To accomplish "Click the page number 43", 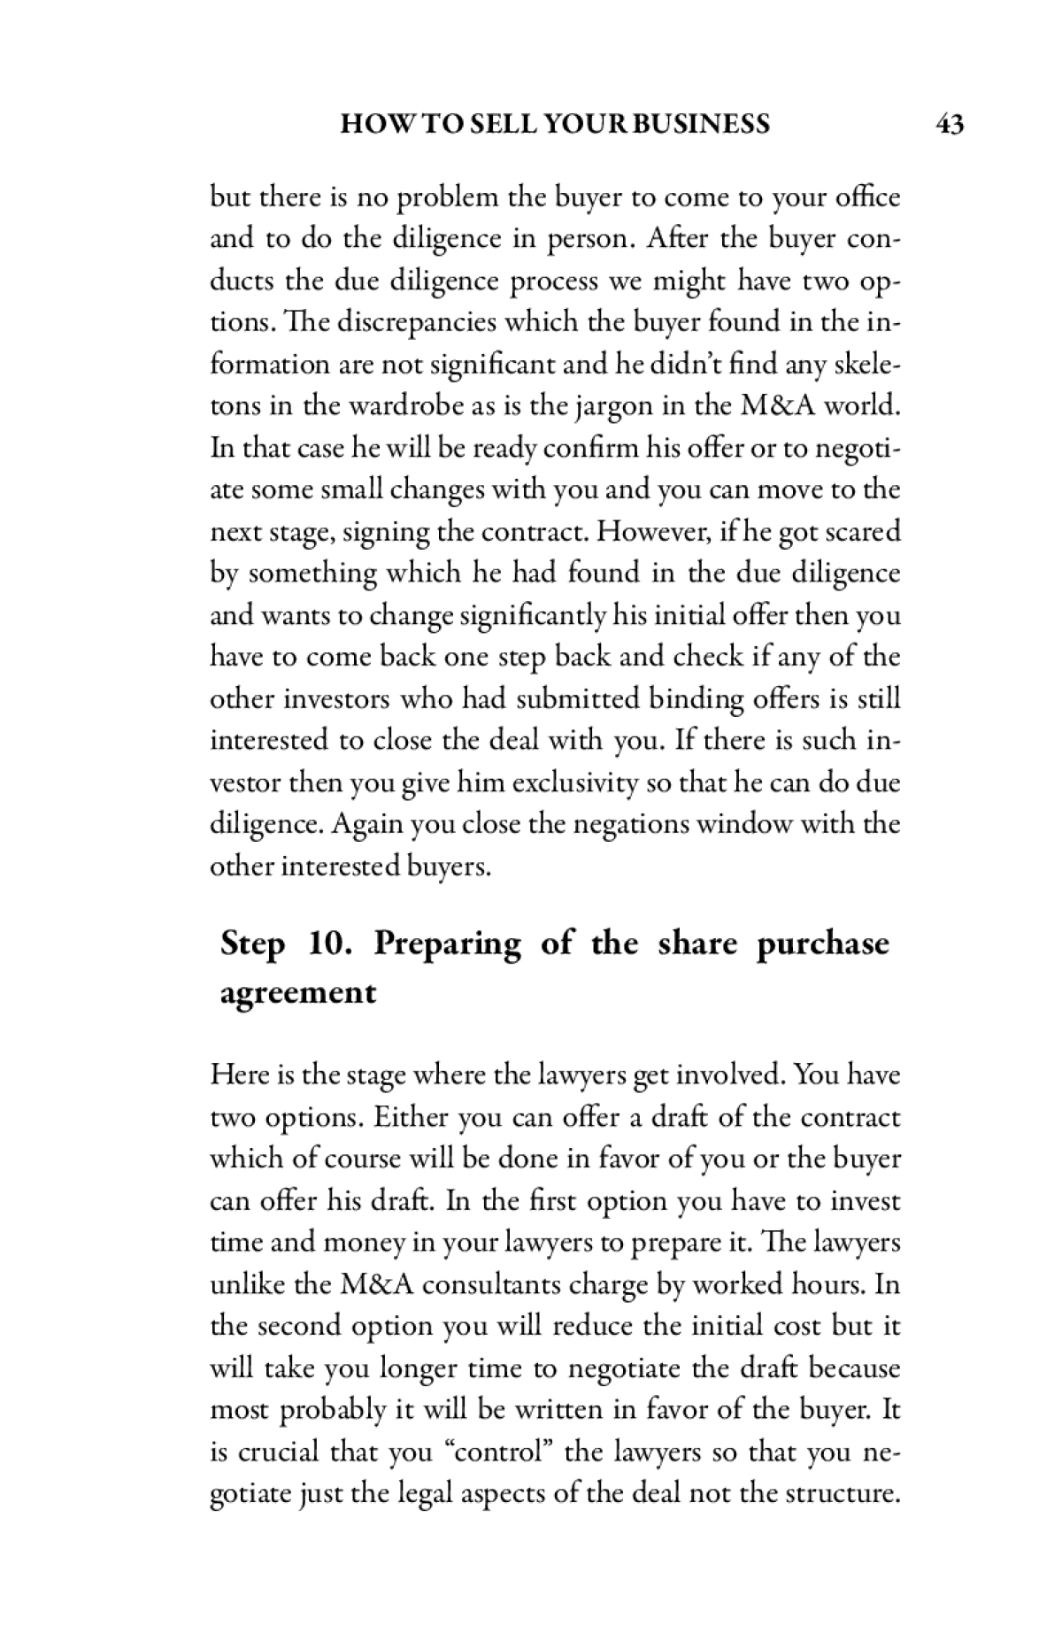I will point(949,124).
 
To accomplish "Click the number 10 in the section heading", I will point(331,944).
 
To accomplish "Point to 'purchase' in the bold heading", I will point(823,944).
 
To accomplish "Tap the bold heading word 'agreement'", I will point(297,993).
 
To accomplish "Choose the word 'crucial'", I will point(276,1452).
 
